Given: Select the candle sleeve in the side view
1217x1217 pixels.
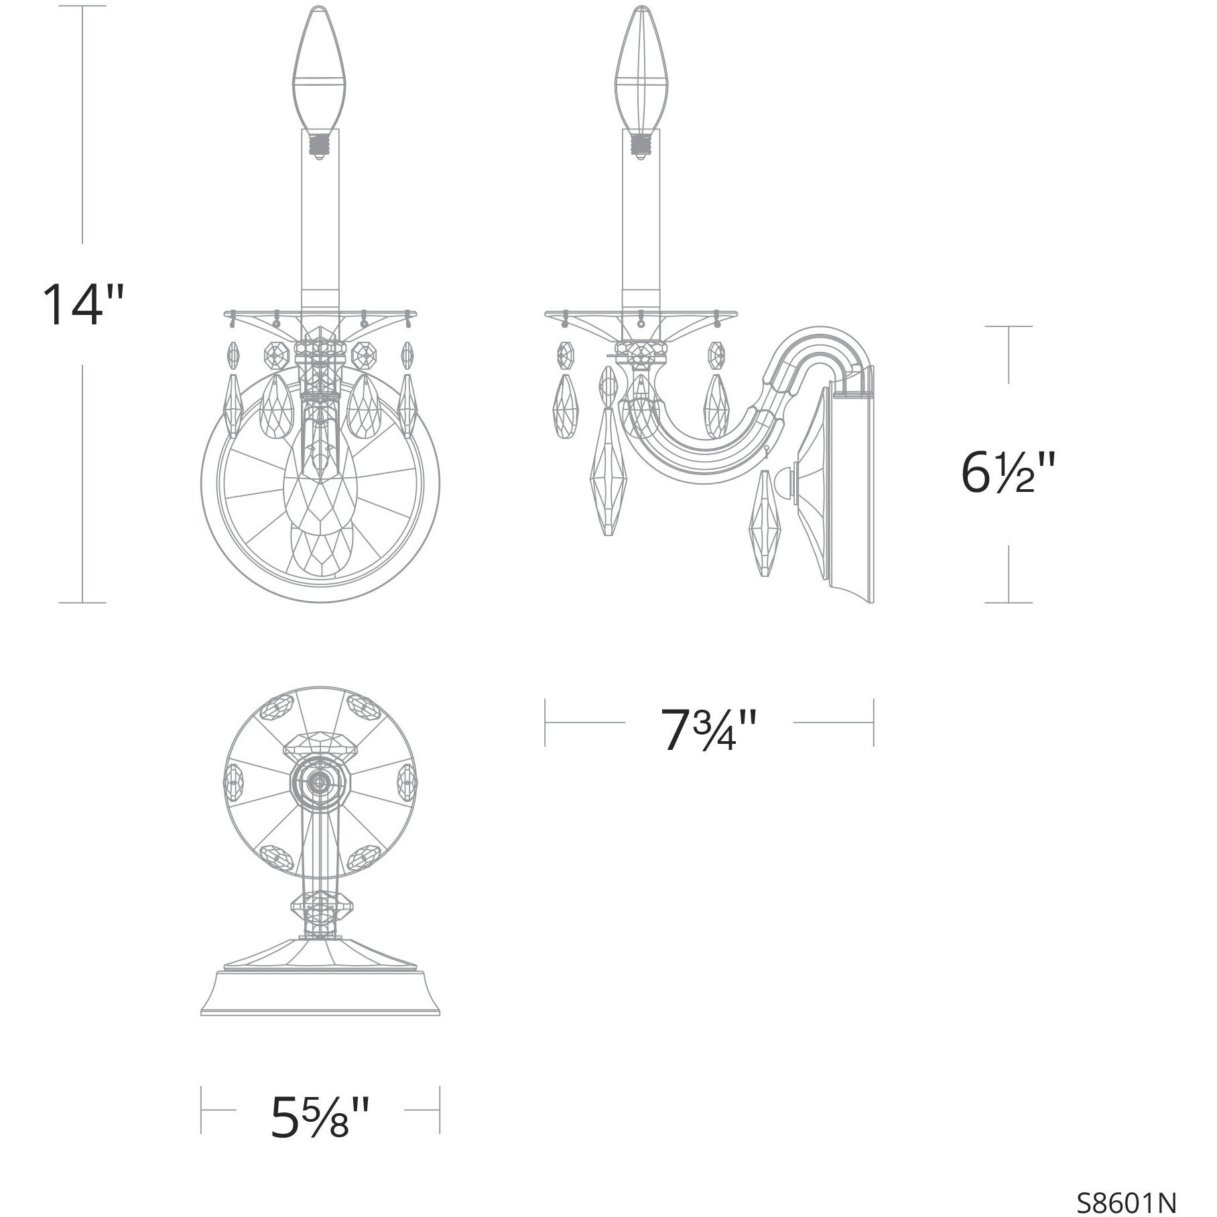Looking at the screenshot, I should [642, 221].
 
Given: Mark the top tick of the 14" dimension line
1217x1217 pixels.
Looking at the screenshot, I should [82, 6].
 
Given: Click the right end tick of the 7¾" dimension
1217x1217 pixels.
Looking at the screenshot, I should [873, 722].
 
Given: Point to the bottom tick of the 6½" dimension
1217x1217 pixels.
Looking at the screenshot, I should [1009, 602].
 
